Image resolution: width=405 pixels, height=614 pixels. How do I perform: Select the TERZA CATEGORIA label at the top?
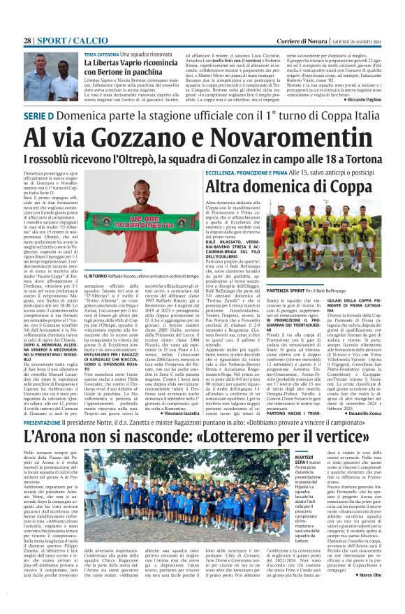point(101,54)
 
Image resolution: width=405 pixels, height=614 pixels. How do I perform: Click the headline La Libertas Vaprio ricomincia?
point(131,64)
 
